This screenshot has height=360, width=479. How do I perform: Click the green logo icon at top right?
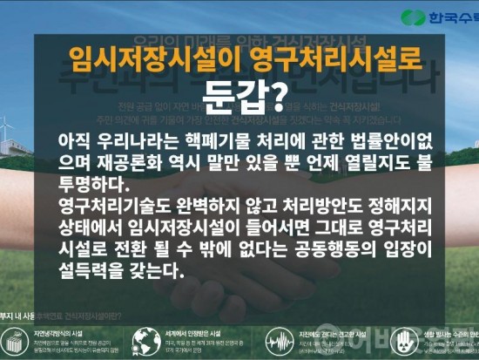pyautogui.click(x=414, y=17)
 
